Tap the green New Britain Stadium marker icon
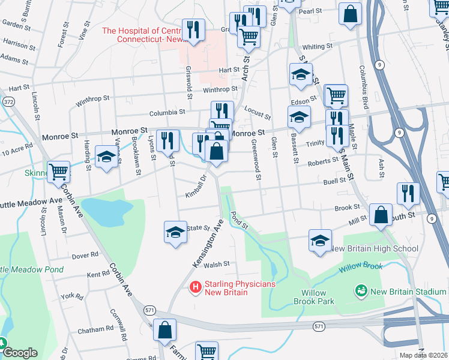coord(361,292)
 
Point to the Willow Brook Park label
coord(313,298)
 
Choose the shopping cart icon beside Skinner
coord(59,172)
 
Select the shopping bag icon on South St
coord(381,215)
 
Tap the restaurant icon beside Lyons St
coord(168,140)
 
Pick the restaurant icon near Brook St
coord(408,193)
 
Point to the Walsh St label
coord(217,264)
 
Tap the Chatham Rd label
coord(95,329)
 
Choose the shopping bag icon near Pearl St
coord(350,13)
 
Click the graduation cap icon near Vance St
coord(106,158)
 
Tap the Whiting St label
coord(318,47)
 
